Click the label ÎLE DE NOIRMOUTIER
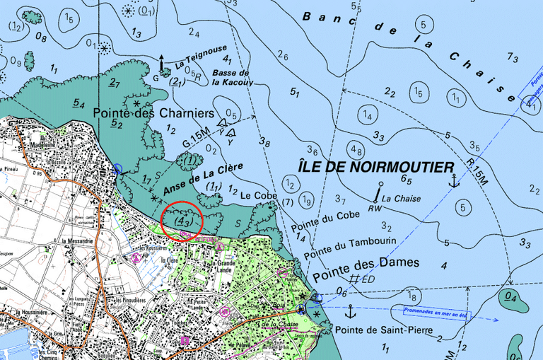pyautogui.click(x=376, y=168)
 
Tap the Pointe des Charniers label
pyautogui.click(x=153, y=113)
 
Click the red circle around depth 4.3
pyautogui.click(x=182, y=221)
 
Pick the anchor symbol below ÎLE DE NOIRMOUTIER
pyautogui.click(x=454, y=182)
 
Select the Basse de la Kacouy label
pyautogui.click(x=231, y=77)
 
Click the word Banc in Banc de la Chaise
pyautogui.click(x=322, y=18)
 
